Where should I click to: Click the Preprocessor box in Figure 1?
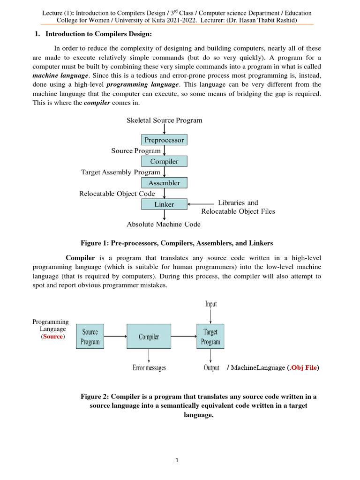(164, 140)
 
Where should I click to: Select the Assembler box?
(164, 183)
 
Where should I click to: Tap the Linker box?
(164, 204)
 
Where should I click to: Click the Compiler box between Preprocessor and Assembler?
(164, 161)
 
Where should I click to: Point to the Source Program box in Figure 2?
(90, 337)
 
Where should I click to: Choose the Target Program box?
(210, 337)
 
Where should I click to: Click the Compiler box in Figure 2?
(149, 337)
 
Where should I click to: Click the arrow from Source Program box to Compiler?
(115, 336)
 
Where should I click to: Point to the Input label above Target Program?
(211, 304)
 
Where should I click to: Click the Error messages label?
(149, 368)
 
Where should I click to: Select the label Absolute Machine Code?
(164, 225)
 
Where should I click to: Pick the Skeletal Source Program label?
(165, 120)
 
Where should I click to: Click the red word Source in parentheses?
(52, 337)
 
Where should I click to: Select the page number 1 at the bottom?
(178, 460)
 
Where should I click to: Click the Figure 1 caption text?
(177, 243)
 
